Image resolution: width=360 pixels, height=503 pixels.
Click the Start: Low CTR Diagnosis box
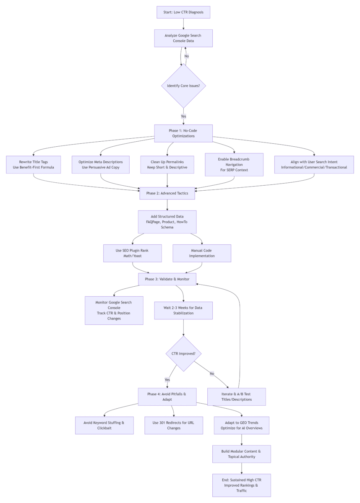pos(183,12)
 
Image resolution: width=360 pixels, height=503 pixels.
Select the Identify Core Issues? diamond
pos(183,86)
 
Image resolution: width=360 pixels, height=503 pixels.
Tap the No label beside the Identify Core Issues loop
pos(187,56)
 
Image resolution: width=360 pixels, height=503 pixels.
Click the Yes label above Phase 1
pos(183,116)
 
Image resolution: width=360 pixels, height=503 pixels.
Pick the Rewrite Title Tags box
pos(34,165)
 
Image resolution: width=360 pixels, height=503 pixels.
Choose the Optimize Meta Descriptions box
pos(100,165)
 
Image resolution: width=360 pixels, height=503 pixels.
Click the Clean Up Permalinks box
pos(167,165)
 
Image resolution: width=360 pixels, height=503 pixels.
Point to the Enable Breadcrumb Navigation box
pos(234,165)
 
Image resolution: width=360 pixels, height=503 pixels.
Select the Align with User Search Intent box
pos(314,165)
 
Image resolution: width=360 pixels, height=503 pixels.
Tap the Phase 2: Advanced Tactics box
pos(167,193)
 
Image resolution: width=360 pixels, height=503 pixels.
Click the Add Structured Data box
pos(167,222)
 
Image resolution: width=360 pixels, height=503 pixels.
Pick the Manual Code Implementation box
pos(202,253)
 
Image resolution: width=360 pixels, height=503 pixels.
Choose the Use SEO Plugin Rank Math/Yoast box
pos(132,253)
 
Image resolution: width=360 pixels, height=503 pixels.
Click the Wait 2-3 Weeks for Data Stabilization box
pos(183,310)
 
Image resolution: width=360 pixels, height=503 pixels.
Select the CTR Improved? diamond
pos(183,354)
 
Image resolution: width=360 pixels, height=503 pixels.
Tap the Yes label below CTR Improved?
pos(167,380)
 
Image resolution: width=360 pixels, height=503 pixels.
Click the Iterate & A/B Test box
pos(236,397)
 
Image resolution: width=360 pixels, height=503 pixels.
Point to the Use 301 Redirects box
pos(174,425)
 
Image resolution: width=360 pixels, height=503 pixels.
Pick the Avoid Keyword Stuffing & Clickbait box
pos(104,425)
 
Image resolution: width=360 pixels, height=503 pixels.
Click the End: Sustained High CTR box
pos(242,485)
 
